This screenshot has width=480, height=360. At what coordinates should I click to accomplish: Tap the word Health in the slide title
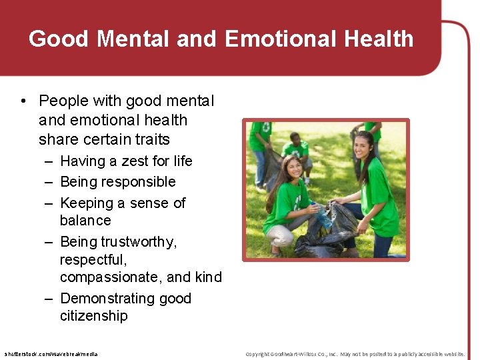coord(379,39)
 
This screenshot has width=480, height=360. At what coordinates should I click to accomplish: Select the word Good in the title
coord(59,39)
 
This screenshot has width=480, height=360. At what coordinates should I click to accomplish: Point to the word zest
coord(137,161)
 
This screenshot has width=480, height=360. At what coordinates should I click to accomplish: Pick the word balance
coord(85,221)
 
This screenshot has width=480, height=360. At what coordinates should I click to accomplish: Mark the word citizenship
coord(93,316)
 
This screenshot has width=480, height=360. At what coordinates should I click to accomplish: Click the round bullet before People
coord(23,101)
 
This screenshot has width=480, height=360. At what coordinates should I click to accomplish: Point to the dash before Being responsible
coord(50,182)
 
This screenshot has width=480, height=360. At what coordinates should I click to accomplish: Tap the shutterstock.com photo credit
coord(51,354)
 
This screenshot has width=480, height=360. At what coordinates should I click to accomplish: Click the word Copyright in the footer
coord(259,354)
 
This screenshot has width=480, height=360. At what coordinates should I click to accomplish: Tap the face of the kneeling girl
coord(293,170)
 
